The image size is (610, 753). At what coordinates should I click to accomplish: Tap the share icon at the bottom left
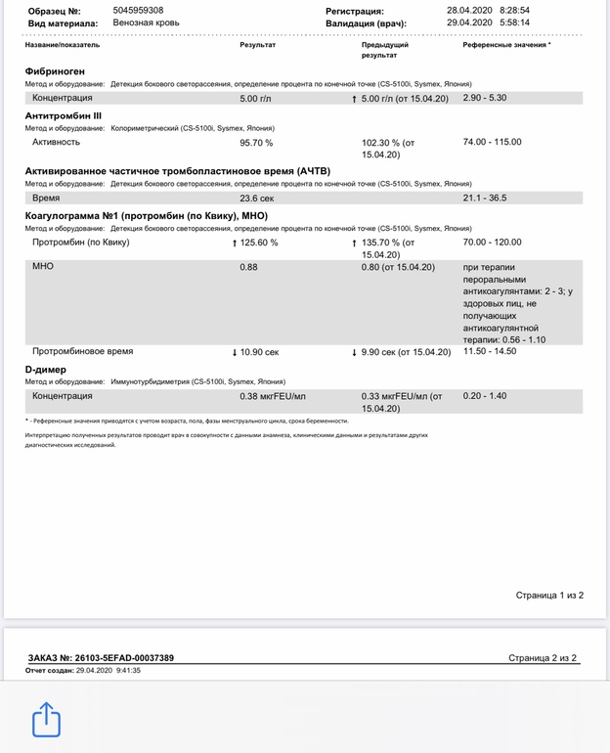(x=47, y=721)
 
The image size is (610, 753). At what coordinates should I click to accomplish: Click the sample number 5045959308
(x=138, y=10)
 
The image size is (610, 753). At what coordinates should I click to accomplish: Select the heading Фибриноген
(x=55, y=71)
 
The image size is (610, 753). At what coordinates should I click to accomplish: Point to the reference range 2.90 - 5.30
(x=485, y=98)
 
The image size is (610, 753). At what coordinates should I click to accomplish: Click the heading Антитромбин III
(x=63, y=115)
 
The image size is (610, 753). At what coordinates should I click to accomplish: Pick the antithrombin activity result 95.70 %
(x=256, y=143)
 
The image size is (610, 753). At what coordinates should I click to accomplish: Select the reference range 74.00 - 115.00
(x=492, y=142)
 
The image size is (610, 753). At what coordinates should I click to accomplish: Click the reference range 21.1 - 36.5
(x=484, y=198)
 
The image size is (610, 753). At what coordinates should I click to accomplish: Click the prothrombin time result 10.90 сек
(x=258, y=351)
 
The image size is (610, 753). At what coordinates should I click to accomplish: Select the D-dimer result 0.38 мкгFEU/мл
(x=273, y=396)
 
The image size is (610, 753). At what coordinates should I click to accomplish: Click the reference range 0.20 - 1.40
(x=485, y=396)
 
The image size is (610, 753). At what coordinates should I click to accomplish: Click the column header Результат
(x=257, y=45)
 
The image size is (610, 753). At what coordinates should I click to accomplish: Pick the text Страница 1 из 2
(x=549, y=595)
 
